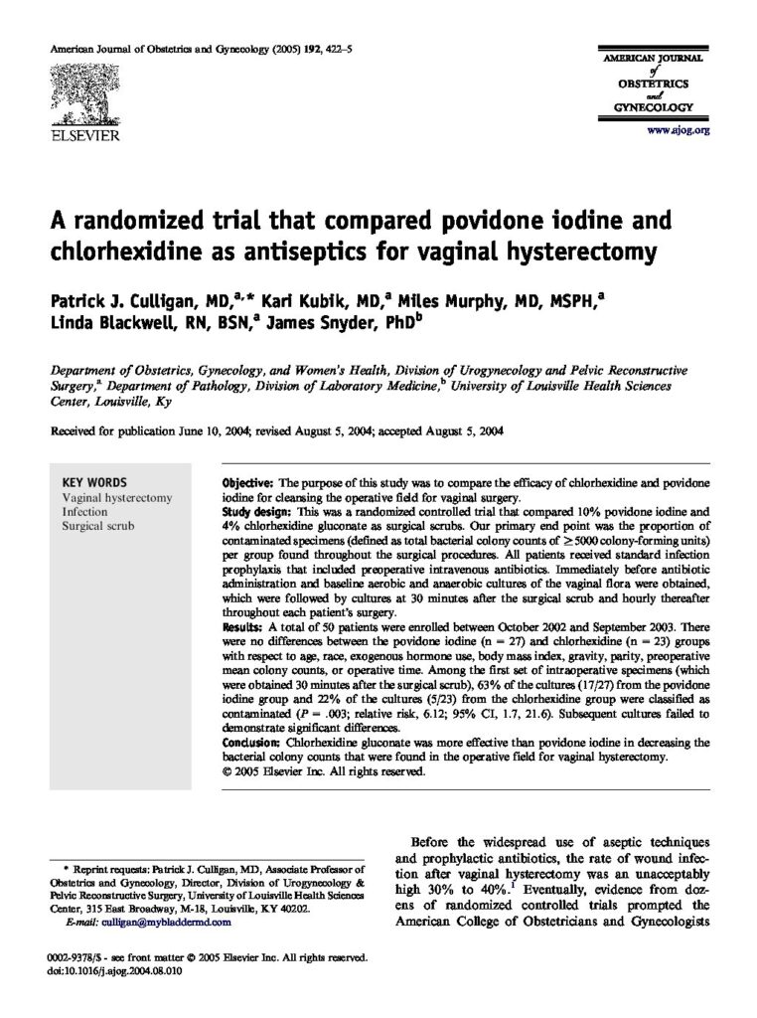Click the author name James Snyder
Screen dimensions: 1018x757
[x=315, y=322]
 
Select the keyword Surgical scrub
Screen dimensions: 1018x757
[x=97, y=526]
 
